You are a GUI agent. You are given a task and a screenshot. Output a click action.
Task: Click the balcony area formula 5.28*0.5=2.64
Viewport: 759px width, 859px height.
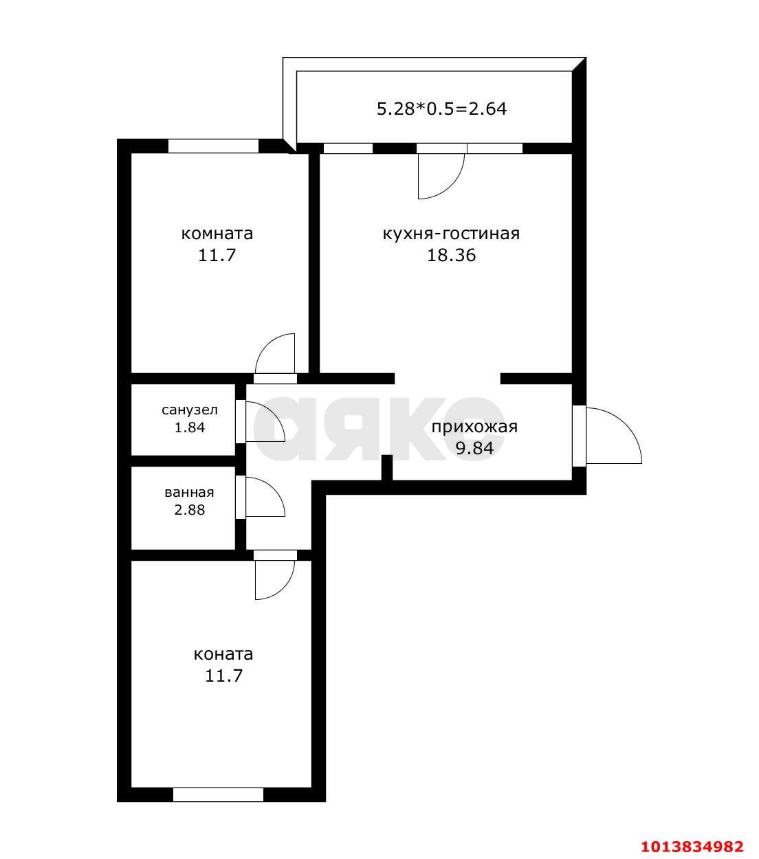click(441, 109)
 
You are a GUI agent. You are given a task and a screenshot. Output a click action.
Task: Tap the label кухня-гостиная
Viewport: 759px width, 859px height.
click(451, 234)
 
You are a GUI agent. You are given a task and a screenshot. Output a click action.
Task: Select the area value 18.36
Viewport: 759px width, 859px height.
click(451, 256)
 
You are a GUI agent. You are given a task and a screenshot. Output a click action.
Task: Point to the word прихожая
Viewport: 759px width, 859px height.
click(474, 427)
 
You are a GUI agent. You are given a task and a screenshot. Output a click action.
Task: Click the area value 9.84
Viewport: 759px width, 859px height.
click(474, 449)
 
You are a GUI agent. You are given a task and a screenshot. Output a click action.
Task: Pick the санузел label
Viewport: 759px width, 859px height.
click(190, 410)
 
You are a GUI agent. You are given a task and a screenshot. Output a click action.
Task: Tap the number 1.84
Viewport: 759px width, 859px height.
click(190, 427)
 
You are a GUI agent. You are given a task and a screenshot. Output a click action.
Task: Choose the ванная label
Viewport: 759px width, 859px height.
click(189, 493)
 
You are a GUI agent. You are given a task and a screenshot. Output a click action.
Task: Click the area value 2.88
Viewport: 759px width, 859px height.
click(189, 510)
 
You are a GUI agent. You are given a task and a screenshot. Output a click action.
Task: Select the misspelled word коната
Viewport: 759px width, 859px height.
click(223, 654)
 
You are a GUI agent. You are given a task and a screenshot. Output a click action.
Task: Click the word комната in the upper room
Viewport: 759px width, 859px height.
click(217, 234)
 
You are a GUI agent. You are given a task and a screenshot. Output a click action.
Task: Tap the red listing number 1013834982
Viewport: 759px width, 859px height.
click(692, 845)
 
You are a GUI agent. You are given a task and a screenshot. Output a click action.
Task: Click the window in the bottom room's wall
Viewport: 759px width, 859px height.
click(218, 794)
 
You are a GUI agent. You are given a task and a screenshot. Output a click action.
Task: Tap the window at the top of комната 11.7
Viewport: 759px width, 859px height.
click(213, 146)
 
